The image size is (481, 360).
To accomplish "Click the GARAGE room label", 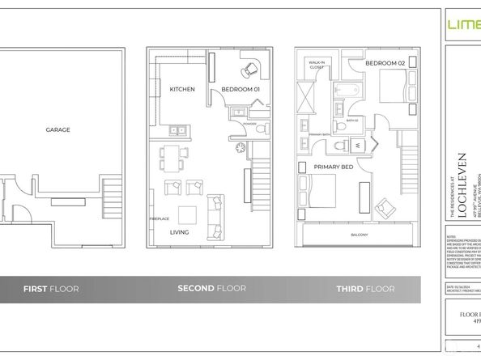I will [57, 129].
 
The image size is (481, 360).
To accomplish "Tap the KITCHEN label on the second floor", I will [181, 89].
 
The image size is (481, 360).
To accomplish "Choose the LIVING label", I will [180, 232].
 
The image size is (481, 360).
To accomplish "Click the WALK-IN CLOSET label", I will [317, 66].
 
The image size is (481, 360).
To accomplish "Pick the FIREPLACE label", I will [158, 219].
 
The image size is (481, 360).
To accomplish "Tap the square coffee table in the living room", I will [187, 215].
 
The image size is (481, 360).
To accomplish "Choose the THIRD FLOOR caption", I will [366, 289].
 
